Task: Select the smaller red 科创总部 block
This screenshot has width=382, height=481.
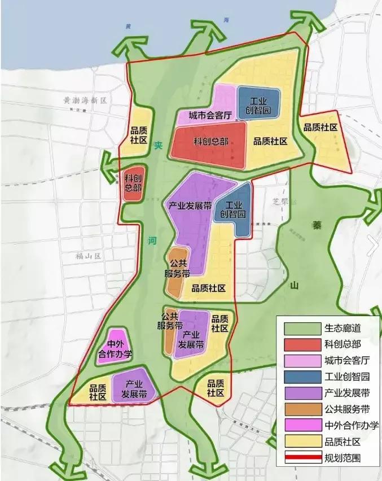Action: pyautogui.click(x=133, y=183)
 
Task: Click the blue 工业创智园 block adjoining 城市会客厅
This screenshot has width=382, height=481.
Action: pyautogui.click(x=258, y=102)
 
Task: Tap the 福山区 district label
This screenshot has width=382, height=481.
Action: pyautogui.click(x=87, y=256)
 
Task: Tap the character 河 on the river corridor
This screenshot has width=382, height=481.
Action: pyautogui.click(x=151, y=239)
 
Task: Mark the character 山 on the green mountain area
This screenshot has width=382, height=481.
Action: pyautogui.click(x=293, y=286)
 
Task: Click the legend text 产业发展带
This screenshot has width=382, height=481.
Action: pyautogui.click(x=346, y=393)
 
